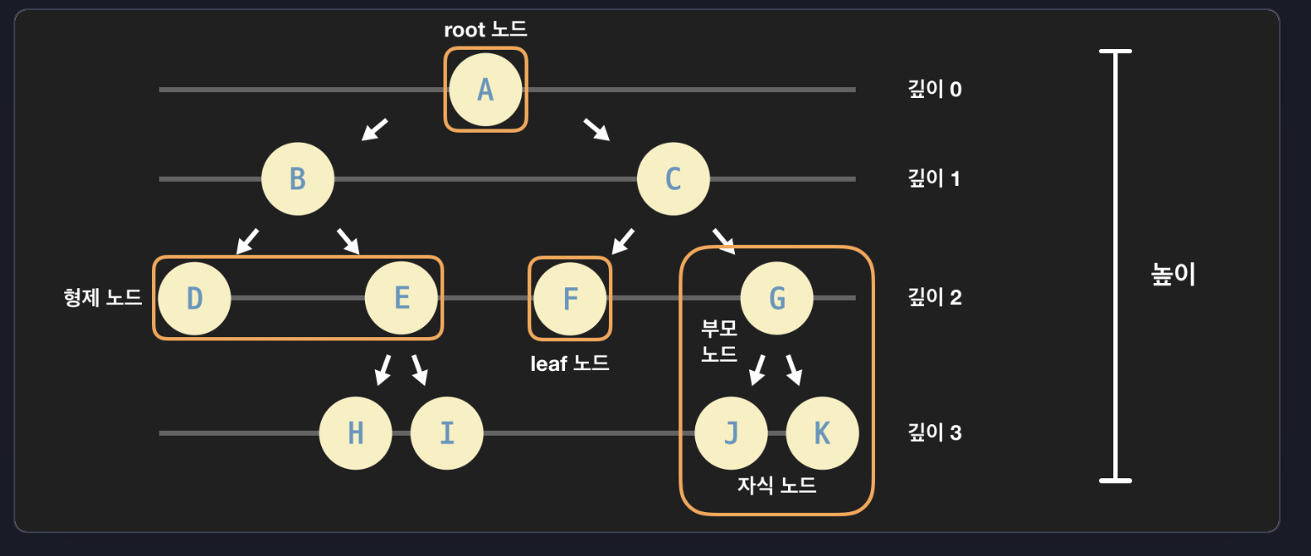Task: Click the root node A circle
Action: click(x=485, y=90)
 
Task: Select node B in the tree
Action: click(x=297, y=179)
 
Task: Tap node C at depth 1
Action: click(x=673, y=179)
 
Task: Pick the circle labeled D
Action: click(x=195, y=298)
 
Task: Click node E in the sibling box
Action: click(x=401, y=298)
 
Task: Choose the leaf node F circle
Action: click(x=570, y=298)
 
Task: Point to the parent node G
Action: click(x=777, y=298)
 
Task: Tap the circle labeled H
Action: click(x=356, y=433)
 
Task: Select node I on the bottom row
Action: click(x=447, y=433)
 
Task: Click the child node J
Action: click(x=732, y=433)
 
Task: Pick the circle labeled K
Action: click(x=822, y=433)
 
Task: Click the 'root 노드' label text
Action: click(x=486, y=30)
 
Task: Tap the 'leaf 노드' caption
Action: click(x=569, y=364)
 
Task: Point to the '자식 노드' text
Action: click(x=776, y=486)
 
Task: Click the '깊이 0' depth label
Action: click(x=934, y=90)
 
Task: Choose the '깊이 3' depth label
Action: click(x=934, y=433)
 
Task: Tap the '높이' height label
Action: click(x=1174, y=275)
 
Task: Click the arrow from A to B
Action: click(x=374, y=129)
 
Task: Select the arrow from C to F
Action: click(x=623, y=241)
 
